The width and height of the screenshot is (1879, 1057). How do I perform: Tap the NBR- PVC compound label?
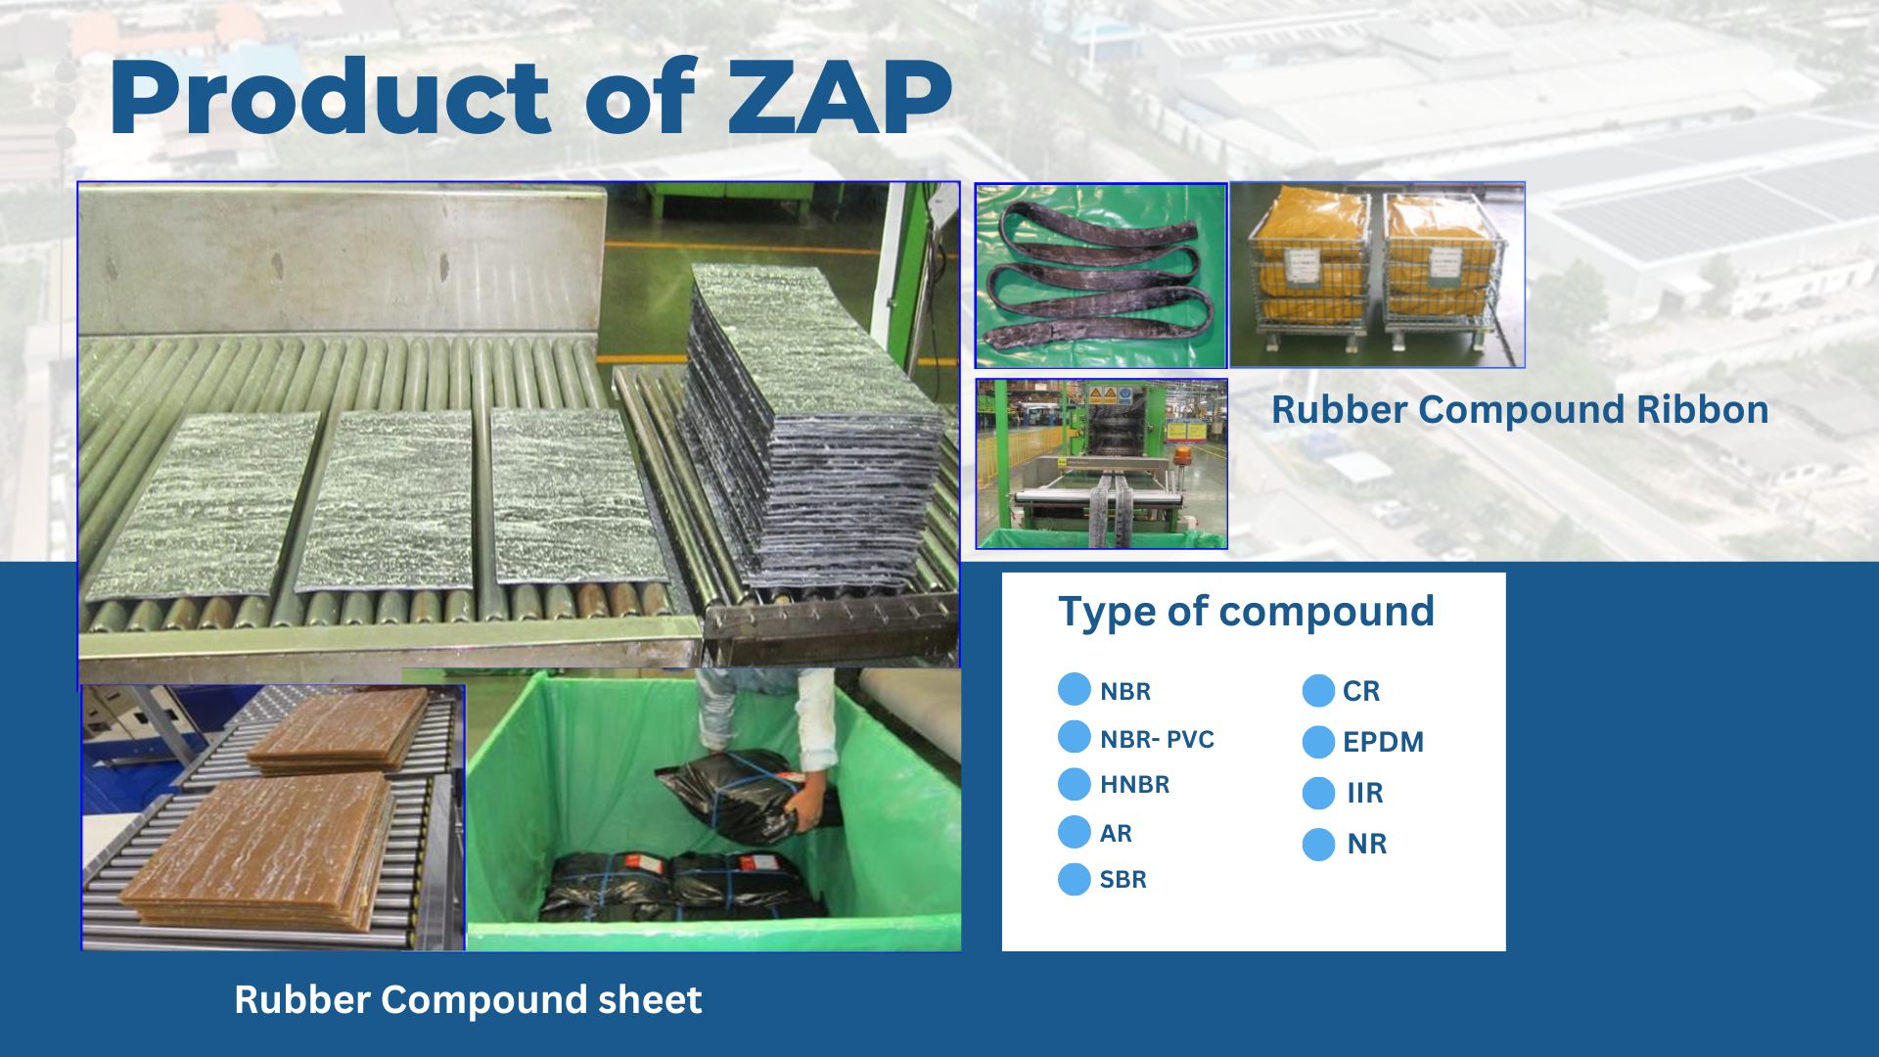click(1157, 739)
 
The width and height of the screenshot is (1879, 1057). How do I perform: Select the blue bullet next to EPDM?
click(1318, 742)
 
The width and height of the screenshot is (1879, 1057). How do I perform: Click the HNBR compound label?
click(1134, 784)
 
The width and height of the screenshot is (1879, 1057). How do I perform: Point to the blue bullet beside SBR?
click(1074, 879)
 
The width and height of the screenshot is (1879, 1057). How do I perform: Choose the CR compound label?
click(1361, 691)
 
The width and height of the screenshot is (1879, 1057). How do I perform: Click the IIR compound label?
click(1365, 793)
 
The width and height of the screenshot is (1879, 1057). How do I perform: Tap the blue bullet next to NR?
click(1318, 844)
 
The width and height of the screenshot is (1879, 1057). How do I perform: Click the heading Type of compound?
click(1246, 612)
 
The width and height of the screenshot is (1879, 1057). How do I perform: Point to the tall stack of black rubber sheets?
click(812, 431)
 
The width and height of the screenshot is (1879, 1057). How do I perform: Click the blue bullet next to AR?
click(1074, 832)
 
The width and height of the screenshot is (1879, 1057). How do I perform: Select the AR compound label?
click(1116, 833)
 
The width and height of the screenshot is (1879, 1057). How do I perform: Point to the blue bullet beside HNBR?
click(1074, 784)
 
